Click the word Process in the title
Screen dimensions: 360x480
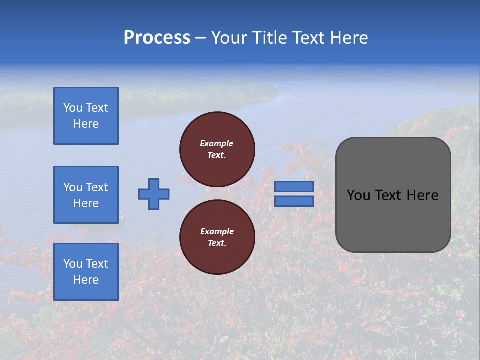157,38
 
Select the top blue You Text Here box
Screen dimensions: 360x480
86,116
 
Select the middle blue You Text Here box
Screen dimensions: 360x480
86,195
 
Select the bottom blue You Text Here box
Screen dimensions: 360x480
86,272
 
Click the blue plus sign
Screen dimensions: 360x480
154,194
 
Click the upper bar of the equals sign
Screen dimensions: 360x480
294,187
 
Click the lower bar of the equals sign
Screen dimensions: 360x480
294,201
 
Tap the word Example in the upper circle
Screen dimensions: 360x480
217,143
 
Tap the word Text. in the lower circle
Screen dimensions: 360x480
217,243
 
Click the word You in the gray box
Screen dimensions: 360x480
358,195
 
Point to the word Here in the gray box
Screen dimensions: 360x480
422,195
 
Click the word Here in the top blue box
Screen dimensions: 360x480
86,124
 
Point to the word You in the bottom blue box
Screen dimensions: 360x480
73,264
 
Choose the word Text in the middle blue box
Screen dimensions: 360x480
97,187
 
